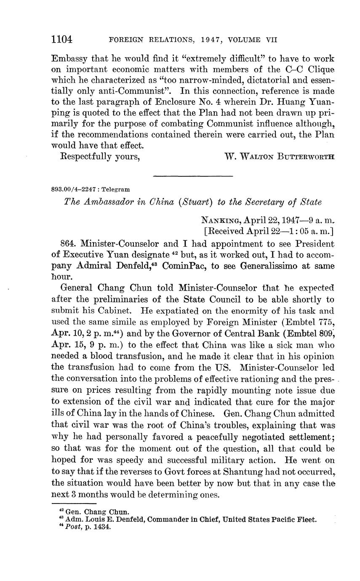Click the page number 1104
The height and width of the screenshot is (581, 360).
coord(61,40)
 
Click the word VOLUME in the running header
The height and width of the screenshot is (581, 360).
coord(245,40)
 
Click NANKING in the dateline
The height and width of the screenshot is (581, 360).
coord(218,220)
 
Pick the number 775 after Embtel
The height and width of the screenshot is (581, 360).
coord(326,322)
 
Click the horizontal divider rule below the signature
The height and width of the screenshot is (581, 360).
coord(193,176)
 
